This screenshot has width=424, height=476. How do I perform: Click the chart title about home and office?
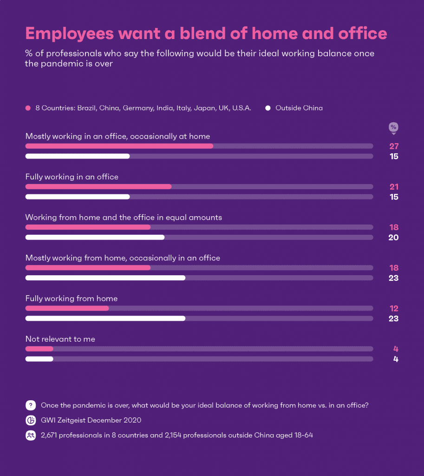[x=206, y=33]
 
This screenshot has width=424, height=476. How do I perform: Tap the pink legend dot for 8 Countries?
[x=28, y=108]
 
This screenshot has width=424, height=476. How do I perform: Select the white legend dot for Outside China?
[x=268, y=108]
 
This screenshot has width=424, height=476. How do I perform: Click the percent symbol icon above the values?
[x=393, y=127]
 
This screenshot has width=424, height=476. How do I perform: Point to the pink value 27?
[x=394, y=146]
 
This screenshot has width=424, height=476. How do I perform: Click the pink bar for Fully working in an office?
[x=98, y=187]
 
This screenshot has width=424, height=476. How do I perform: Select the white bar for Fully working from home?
[x=105, y=318]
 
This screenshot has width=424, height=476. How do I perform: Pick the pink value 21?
[x=394, y=187]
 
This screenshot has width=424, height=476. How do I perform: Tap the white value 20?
[x=394, y=238]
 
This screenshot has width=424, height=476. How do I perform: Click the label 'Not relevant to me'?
[x=60, y=339]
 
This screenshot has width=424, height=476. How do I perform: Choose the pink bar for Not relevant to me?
[x=39, y=349]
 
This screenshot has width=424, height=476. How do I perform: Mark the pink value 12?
[x=394, y=309]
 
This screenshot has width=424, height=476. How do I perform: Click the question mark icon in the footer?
[x=31, y=405]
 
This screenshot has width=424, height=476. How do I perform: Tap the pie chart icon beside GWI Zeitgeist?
[x=31, y=420]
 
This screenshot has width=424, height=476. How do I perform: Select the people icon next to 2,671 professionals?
[x=31, y=436]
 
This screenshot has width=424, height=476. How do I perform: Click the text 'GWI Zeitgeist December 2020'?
[x=91, y=420]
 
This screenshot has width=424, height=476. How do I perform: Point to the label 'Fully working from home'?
[x=72, y=298]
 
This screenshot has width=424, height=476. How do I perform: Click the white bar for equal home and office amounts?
[x=95, y=238]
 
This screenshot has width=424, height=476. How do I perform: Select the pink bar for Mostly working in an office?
[x=119, y=146]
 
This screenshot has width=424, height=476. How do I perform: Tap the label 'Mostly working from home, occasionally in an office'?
[x=123, y=258]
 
